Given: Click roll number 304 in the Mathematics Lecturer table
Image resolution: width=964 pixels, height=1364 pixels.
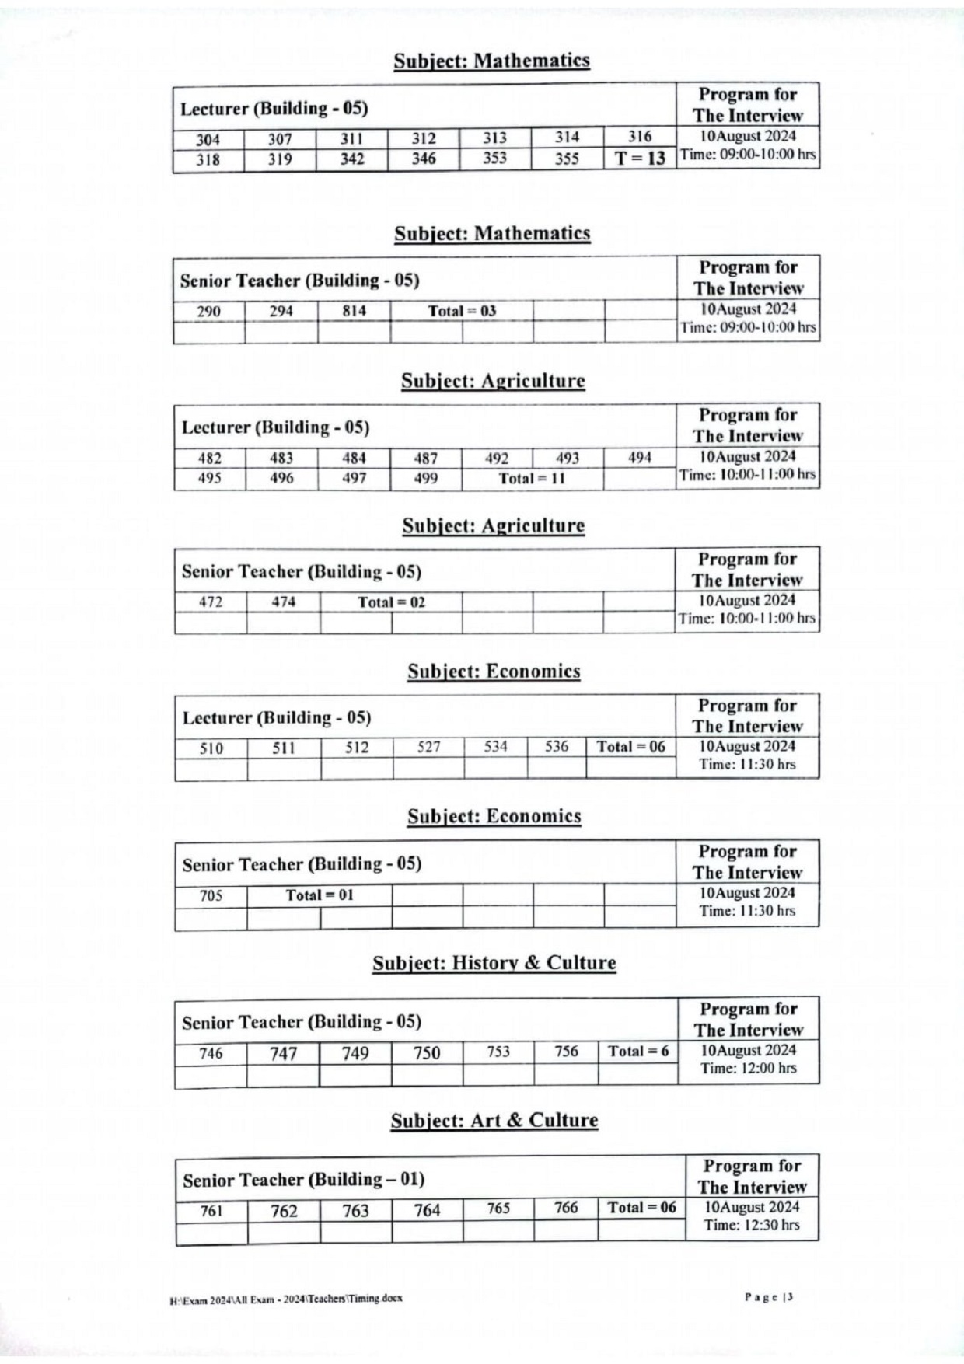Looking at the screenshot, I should [208, 140].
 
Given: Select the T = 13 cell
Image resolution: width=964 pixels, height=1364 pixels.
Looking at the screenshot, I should [640, 159].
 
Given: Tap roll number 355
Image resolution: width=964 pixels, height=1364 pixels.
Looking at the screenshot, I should [567, 159].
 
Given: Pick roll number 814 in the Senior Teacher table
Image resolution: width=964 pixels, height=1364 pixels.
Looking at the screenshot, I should [354, 311].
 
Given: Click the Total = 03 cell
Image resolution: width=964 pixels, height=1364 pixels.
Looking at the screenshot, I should [462, 311].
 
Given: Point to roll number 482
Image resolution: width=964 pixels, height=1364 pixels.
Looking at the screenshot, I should [209, 459].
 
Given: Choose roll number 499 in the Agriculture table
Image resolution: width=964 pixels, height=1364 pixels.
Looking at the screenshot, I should [425, 479].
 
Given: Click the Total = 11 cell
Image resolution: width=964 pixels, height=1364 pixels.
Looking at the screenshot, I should [532, 479].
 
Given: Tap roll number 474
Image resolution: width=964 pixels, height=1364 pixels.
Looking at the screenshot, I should [283, 602].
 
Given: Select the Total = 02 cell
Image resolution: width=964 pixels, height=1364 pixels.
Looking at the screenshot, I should [391, 602].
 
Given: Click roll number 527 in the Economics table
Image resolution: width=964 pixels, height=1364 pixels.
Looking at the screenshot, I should [428, 748].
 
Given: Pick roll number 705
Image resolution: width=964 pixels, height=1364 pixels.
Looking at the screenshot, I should [211, 895].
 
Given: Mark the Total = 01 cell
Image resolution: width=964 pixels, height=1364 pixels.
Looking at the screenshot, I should [319, 895].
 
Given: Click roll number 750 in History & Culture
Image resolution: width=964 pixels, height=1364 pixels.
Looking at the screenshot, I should [427, 1053].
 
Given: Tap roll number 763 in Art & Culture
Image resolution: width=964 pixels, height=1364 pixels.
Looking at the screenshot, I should [355, 1211].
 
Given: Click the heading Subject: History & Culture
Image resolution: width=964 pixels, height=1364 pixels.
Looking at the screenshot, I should [494, 963].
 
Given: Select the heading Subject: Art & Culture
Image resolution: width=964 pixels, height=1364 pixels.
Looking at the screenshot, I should [494, 1121].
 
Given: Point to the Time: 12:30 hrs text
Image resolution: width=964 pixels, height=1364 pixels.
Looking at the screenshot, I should [751, 1226].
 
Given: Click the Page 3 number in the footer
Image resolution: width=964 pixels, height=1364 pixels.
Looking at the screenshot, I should [770, 1296].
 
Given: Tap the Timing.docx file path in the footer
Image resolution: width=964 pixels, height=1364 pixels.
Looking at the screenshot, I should [286, 1299].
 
